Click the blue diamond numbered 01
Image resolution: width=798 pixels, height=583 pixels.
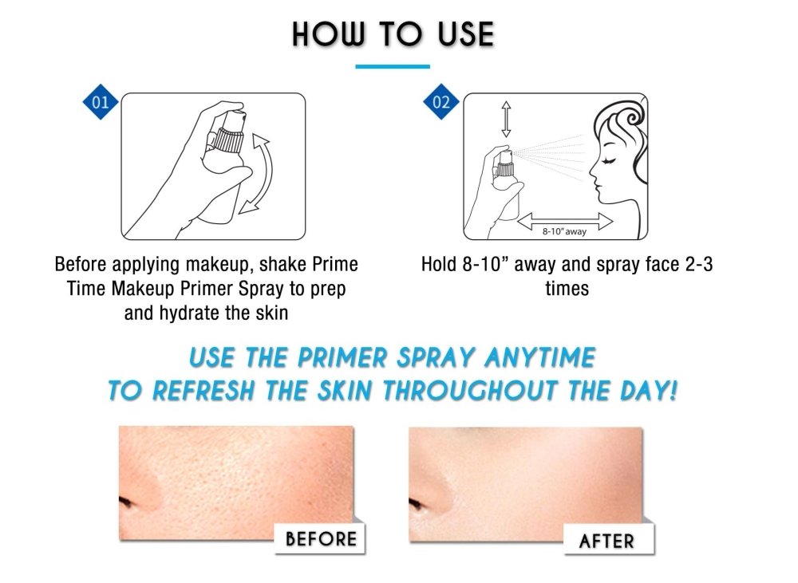[101, 102]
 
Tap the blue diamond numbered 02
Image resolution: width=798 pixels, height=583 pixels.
[440, 102]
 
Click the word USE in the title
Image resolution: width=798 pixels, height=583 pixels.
[466, 34]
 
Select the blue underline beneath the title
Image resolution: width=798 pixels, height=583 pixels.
[393, 66]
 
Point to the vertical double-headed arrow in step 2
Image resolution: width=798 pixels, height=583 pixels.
[506, 119]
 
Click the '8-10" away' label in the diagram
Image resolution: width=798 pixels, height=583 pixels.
[564, 231]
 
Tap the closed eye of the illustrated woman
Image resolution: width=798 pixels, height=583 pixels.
[609, 161]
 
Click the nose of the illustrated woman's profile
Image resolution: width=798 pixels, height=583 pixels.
[592, 171]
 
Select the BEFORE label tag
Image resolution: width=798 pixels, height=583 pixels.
[320, 538]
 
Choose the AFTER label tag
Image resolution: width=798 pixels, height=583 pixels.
[608, 540]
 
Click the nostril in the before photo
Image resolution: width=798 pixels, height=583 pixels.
[126, 503]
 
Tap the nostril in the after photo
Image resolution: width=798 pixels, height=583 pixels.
[417, 503]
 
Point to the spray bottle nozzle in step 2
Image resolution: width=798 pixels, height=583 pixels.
[506, 156]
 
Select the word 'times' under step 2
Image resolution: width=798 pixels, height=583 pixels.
[567, 289]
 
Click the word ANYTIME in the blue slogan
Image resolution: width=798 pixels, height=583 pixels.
[540, 357]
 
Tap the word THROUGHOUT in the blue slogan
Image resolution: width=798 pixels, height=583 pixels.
[469, 391]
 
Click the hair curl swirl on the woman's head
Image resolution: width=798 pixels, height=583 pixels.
[632, 118]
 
